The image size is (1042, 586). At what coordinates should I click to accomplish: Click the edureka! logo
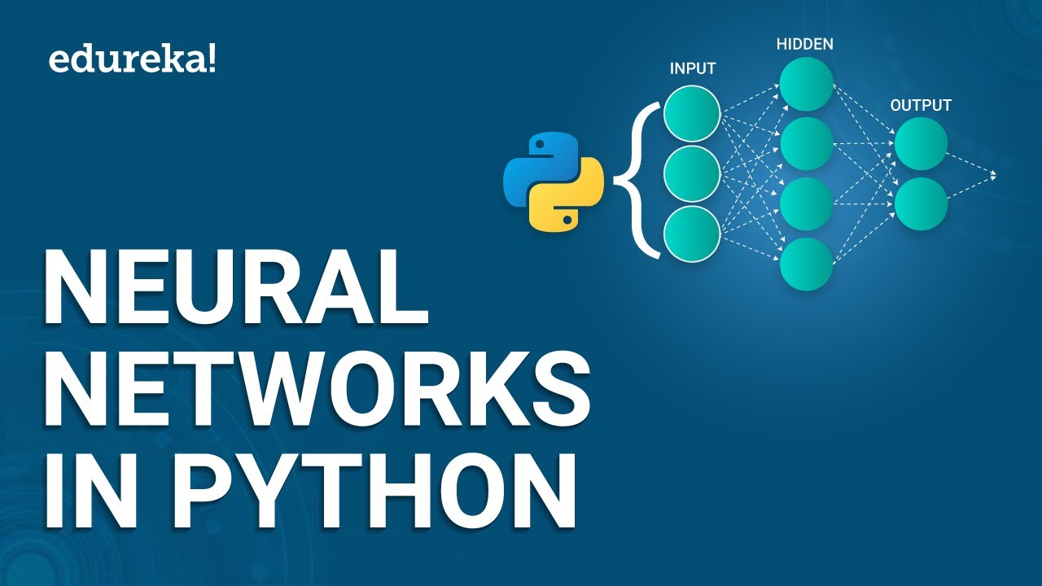[133, 60]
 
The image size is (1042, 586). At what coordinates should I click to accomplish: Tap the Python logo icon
[554, 181]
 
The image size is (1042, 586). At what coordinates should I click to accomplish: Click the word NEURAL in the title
[236, 287]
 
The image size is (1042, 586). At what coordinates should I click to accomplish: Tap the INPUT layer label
[692, 69]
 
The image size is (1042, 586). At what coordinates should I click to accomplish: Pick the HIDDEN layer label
[806, 44]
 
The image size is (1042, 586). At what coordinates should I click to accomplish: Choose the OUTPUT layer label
[921, 106]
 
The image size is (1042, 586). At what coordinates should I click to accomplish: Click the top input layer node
[692, 113]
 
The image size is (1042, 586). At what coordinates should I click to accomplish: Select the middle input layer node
[692, 173]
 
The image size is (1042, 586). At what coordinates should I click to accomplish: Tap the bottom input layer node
[692, 234]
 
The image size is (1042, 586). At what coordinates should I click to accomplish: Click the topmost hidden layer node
[806, 84]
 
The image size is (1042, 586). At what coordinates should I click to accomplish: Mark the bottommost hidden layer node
[806, 264]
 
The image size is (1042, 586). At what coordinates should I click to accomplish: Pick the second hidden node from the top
[806, 144]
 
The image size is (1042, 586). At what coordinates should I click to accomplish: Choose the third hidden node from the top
[806, 204]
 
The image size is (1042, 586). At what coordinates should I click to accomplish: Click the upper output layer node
[921, 144]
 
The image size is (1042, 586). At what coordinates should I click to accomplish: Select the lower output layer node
[921, 203]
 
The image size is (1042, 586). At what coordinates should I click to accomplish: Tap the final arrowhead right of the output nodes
[992, 174]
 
